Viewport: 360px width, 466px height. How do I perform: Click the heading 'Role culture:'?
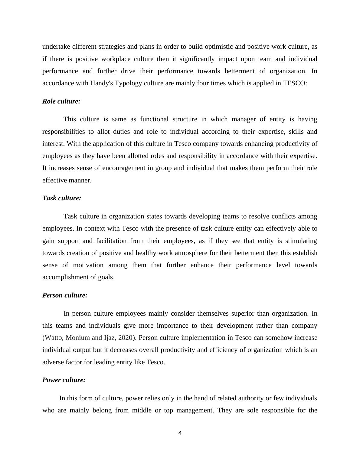pyautogui.click(x=61, y=101)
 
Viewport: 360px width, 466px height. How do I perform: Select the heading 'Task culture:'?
pyautogui.click(x=62, y=198)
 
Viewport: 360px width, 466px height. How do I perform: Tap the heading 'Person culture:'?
pyautogui.click(x=65, y=295)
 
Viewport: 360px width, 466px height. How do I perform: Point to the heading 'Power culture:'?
pyautogui.click(x=64, y=380)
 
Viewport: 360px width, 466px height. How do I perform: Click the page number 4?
pyautogui.click(x=180, y=433)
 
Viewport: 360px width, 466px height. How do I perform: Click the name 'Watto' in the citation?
pyautogui.click(x=54, y=338)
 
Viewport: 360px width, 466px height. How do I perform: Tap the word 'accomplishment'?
pyautogui.click(x=65, y=277)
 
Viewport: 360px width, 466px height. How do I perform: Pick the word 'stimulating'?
pyautogui.click(x=301, y=241)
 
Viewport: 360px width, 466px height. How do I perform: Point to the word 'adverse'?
pyautogui.click(x=53, y=362)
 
